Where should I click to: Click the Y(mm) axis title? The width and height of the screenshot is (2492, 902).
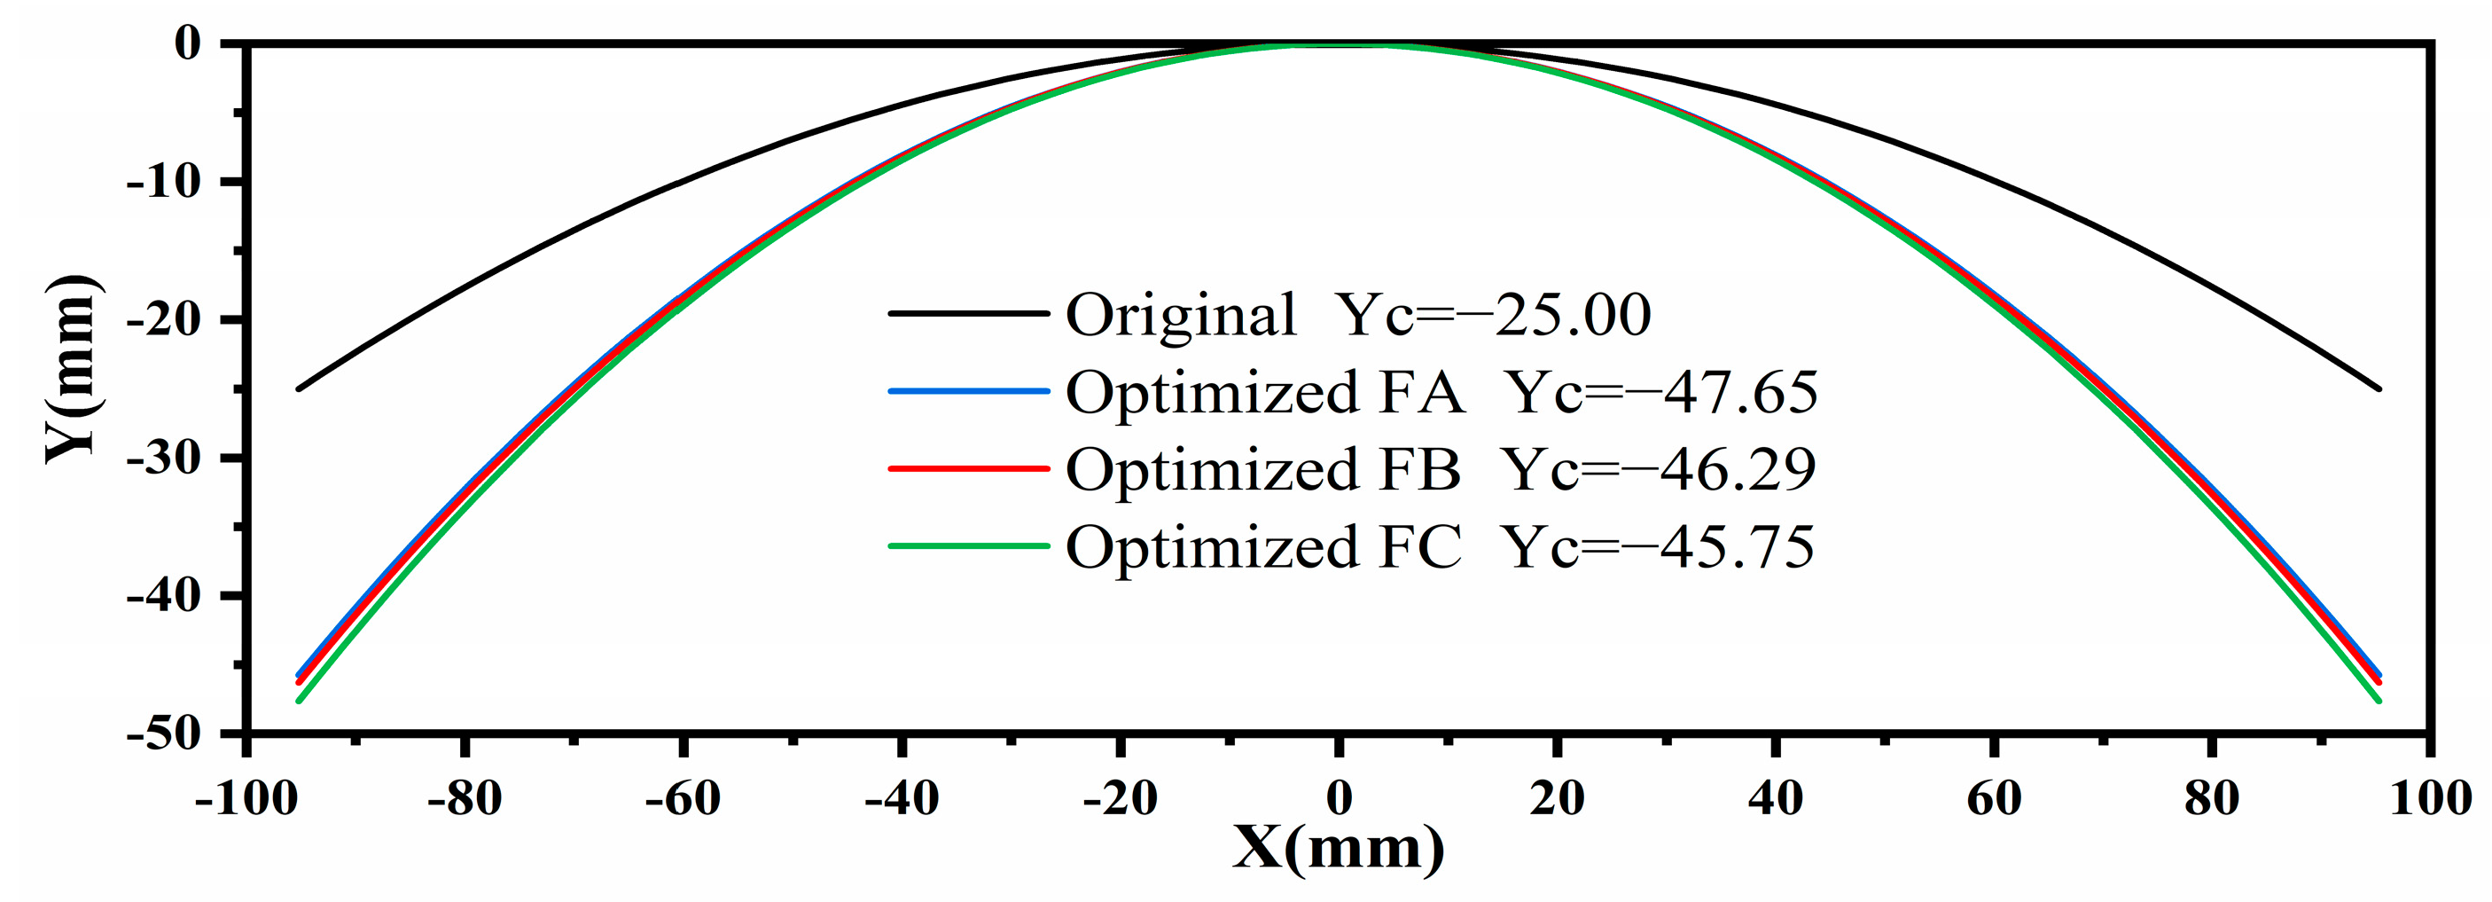(x=73, y=371)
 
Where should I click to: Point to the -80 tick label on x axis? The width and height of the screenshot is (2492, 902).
(x=465, y=798)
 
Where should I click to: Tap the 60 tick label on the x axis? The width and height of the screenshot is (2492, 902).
(x=1994, y=798)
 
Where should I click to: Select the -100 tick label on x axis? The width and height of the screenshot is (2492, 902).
(x=246, y=798)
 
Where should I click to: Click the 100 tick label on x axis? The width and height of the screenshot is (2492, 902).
(x=2429, y=798)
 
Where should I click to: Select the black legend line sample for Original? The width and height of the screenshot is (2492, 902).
(x=968, y=312)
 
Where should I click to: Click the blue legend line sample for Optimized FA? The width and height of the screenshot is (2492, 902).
(x=968, y=391)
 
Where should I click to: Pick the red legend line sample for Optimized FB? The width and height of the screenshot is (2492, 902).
(x=968, y=468)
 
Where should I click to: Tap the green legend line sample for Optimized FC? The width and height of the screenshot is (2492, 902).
(x=968, y=545)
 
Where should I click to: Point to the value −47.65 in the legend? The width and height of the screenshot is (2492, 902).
(x=1737, y=392)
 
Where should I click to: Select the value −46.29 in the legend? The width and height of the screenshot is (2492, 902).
(x=1735, y=469)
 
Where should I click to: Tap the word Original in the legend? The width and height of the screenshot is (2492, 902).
(x=1180, y=315)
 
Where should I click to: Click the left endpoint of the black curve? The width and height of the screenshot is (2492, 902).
(x=299, y=389)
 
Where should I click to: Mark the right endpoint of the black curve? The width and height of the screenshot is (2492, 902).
(x=2378, y=389)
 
